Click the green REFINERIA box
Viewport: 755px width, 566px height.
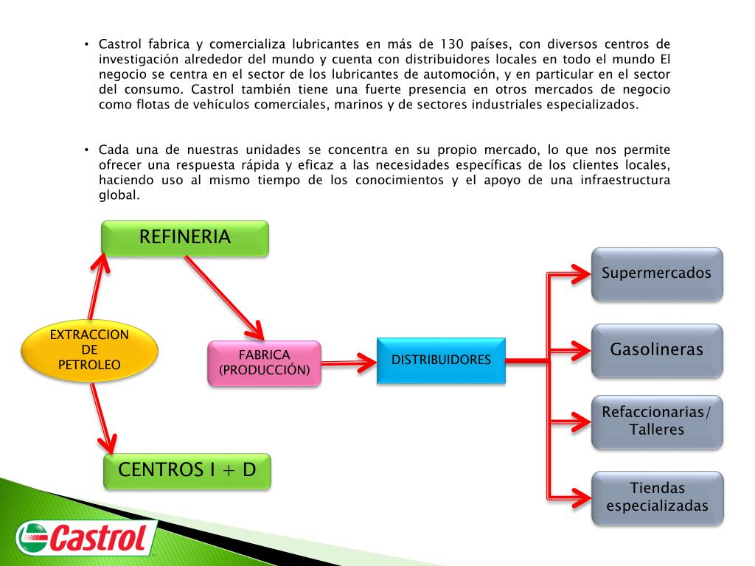point(184,237)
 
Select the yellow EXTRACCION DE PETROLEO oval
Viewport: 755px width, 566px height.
point(89,350)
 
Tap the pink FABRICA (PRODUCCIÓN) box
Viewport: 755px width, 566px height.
point(265,363)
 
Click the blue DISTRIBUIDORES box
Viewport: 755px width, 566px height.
point(441,360)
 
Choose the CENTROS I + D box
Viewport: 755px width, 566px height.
point(187,470)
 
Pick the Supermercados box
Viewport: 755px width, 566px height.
point(656,273)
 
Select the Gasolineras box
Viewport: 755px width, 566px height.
point(656,350)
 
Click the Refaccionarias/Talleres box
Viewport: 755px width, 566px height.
point(656,422)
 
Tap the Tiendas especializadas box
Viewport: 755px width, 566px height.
point(656,497)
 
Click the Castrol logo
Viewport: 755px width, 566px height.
point(86,537)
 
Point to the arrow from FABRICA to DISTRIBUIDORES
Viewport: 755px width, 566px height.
point(348,361)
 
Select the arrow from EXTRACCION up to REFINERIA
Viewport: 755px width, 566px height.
point(95,287)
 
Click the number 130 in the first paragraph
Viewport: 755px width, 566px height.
point(452,43)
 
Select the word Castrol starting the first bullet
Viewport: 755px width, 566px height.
point(119,43)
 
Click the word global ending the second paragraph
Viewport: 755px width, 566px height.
point(118,196)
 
